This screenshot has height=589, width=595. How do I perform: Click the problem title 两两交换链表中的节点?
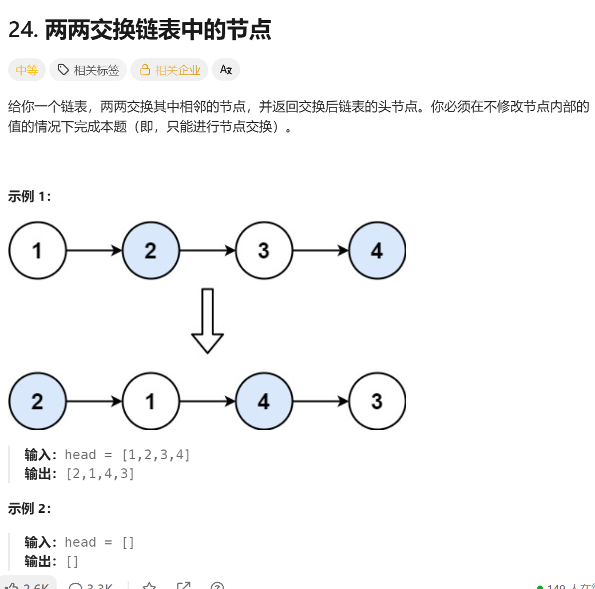click(x=157, y=30)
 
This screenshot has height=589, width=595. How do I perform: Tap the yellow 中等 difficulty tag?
click(x=27, y=70)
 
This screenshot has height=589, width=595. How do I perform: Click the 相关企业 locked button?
click(x=169, y=70)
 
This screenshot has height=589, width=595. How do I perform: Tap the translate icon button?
click(x=226, y=70)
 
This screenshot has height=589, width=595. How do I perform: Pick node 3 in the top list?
click(x=264, y=250)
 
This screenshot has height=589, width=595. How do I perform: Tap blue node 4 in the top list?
click(x=377, y=250)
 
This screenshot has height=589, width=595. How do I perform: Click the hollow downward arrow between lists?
click(x=207, y=320)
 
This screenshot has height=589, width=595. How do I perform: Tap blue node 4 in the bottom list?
click(x=264, y=401)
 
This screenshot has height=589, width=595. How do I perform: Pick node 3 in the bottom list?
click(x=377, y=401)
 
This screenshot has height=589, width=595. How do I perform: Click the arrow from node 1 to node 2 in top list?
click(x=94, y=250)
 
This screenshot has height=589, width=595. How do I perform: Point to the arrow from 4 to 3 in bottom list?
click(x=320, y=401)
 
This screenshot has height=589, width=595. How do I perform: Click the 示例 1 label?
click(x=30, y=197)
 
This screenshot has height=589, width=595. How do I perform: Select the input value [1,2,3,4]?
click(x=156, y=455)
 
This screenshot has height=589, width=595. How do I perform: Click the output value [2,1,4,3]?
click(x=100, y=474)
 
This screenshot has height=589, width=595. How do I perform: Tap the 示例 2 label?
click(x=30, y=508)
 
